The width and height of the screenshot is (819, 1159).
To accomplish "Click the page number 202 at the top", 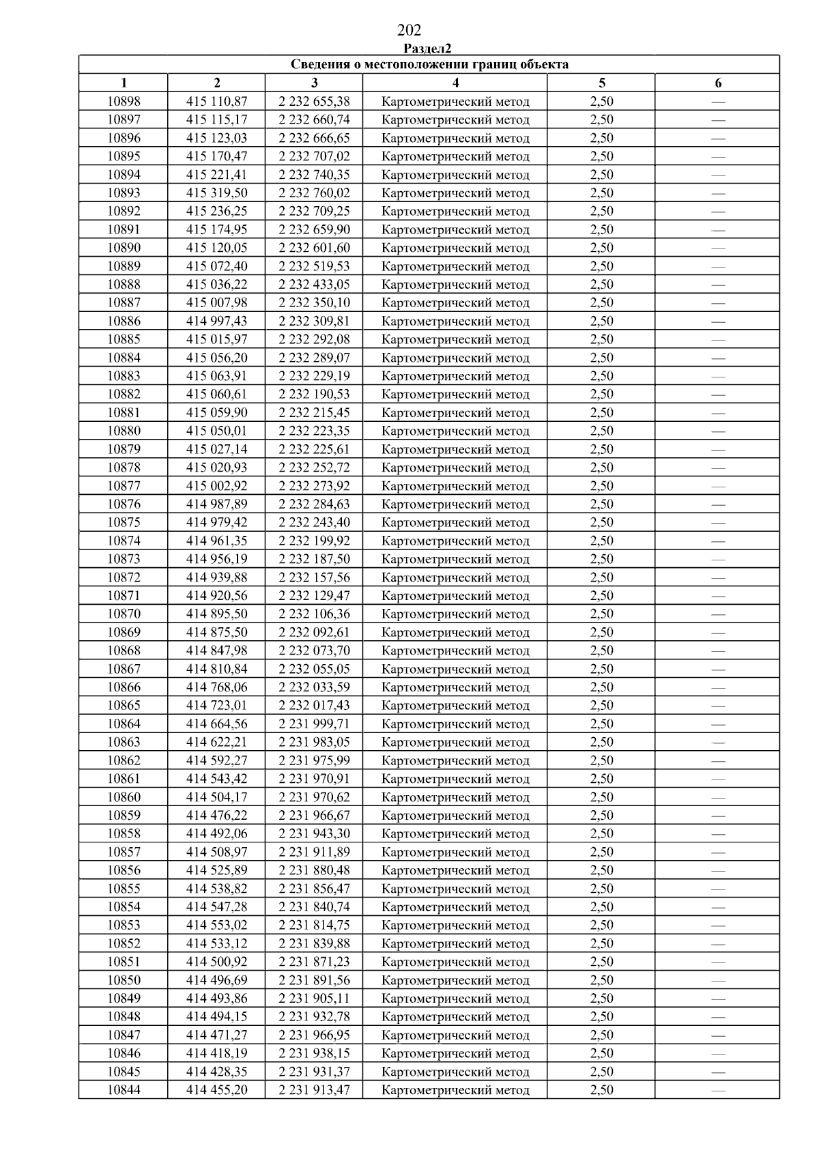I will [x=409, y=30].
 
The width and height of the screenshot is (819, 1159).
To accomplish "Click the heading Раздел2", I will [x=427, y=48].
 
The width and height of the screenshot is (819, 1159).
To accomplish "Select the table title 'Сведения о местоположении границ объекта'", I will [x=429, y=65].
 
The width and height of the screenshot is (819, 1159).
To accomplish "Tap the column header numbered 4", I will [x=455, y=83].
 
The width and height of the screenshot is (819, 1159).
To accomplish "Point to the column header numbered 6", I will [x=718, y=83].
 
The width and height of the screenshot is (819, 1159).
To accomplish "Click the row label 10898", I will [x=124, y=102].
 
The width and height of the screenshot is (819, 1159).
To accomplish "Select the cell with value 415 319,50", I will [x=216, y=193].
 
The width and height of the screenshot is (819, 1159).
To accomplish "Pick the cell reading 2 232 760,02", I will [x=314, y=193].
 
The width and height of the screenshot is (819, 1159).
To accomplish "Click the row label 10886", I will [x=124, y=321].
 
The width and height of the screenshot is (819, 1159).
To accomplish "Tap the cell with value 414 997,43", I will [x=216, y=321].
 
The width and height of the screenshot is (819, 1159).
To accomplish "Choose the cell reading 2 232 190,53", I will [x=314, y=395].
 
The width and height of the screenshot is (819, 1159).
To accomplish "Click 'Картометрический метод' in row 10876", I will [x=455, y=504].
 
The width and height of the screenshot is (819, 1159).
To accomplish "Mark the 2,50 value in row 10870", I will [x=601, y=614].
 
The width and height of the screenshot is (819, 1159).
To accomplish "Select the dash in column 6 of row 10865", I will [x=718, y=706].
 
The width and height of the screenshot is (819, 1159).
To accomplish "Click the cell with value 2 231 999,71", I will [x=314, y=724].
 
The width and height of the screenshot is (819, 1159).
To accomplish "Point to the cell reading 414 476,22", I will [x=216, y=816].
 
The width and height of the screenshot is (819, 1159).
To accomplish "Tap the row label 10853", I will [x=124, y=926].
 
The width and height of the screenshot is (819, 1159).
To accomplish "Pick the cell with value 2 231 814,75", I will [x=314, y=926].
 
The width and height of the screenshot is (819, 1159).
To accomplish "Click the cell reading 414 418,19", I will [x=216, y=1053].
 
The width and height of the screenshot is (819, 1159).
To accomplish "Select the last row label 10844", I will [x=124, y=1090].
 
